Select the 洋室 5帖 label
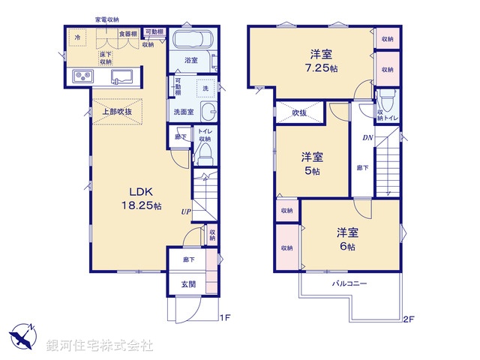313,163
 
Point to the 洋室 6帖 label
346,239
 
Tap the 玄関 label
188,284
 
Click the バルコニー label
349,284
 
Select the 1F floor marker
224,318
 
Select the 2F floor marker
409,318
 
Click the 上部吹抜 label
117,112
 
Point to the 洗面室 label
184,112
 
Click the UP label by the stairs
184,211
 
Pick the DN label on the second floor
367,137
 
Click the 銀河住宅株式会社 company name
100,346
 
